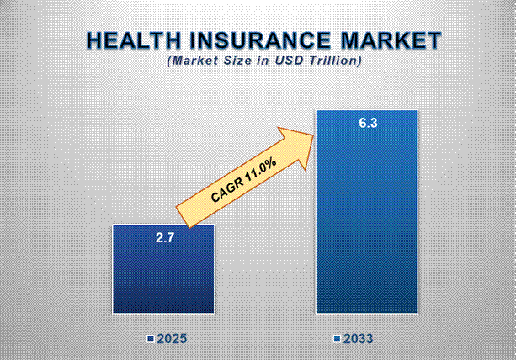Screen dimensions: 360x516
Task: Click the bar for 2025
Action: pos(163,269)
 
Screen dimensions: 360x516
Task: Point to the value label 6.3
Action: pos(367,124)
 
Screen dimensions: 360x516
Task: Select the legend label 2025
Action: pos(171,339)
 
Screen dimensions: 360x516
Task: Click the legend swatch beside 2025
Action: pos(151,339)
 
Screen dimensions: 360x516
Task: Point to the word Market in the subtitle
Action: pos(192,61)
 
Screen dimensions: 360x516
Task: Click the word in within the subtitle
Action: pos(263,61)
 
